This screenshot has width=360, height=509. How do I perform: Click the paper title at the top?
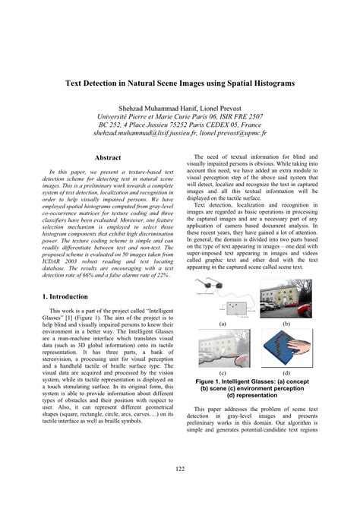[x=180, y=81]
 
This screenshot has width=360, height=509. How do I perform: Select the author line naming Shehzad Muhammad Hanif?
[x=180, y=110]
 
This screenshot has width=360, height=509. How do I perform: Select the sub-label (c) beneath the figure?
[x=223, y=372]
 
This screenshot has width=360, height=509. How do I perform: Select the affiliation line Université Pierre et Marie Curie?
[x=180, y=118]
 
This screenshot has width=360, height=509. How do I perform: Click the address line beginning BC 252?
[x=180, y=125]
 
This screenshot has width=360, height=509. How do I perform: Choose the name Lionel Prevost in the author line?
[x=216, y=110]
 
